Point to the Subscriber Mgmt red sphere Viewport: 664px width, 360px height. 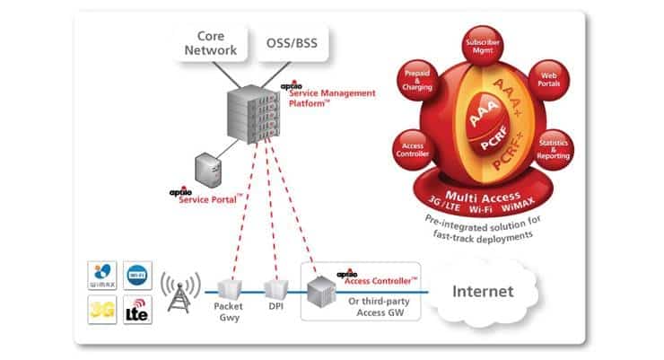488,45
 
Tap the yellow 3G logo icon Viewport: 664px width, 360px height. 101,310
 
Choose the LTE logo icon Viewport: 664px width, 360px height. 135,310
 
